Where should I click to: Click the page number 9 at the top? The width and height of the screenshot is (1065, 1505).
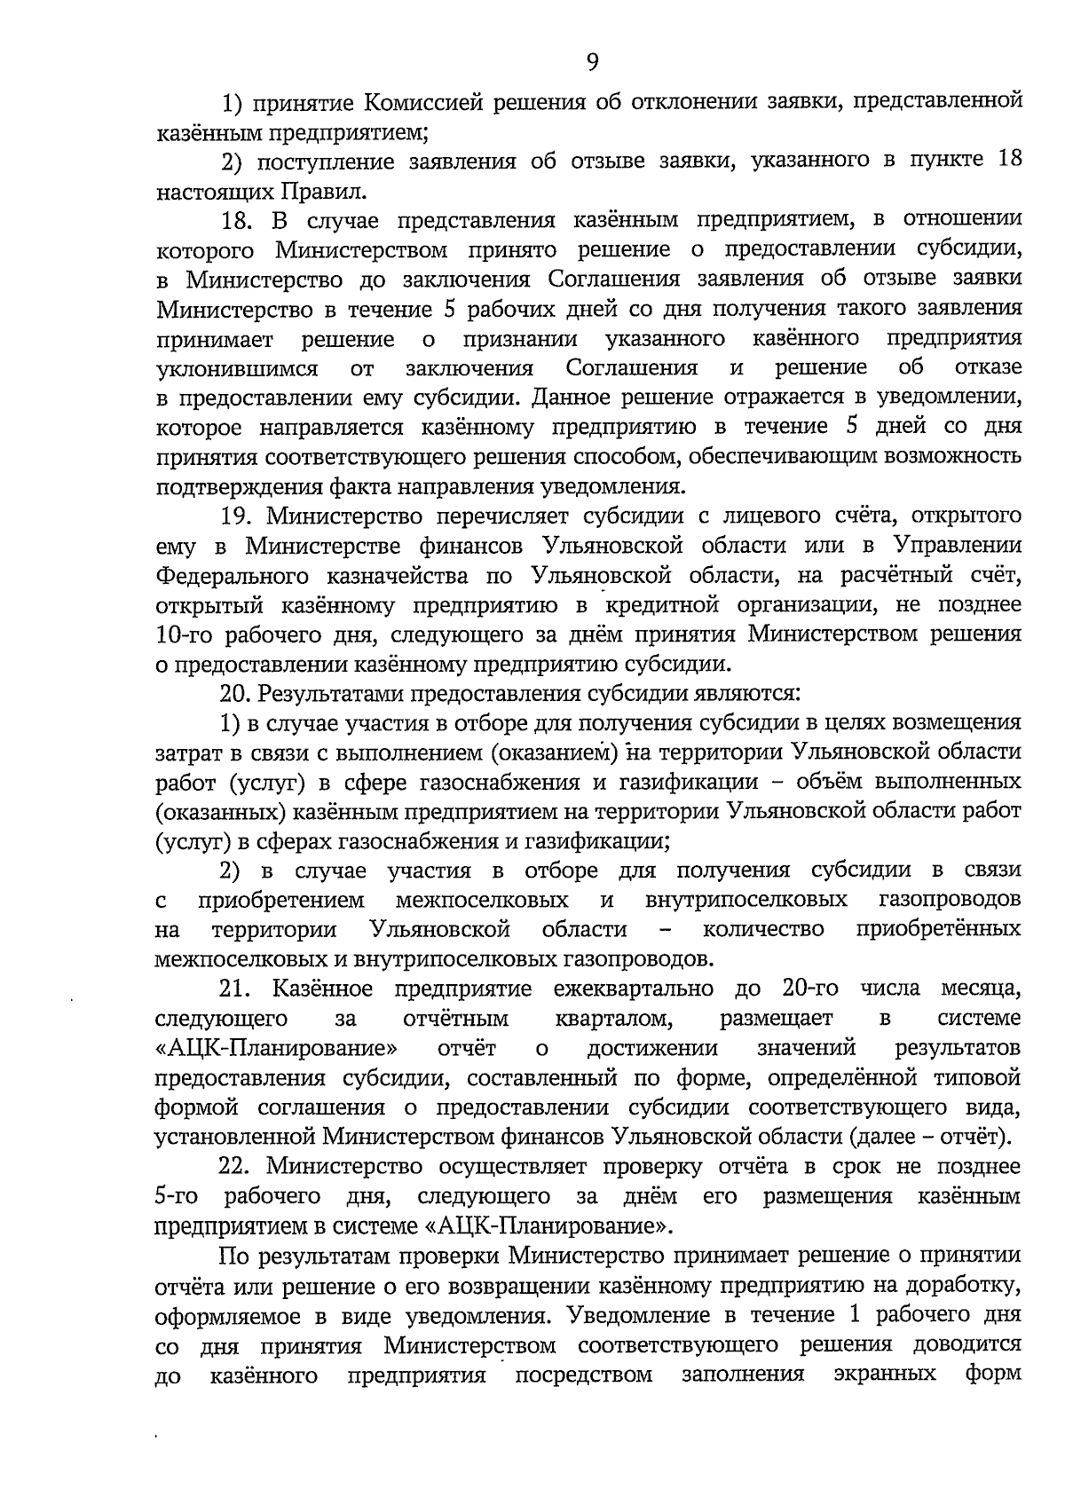[x=592, y=61]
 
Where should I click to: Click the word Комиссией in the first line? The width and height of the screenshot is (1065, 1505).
[x=414, y=103]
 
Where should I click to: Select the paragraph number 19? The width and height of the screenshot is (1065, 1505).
[x=236, y=516]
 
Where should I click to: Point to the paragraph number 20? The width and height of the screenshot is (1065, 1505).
[x=235, y=694]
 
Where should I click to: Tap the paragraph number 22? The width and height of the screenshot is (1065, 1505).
[x=236, y=1166]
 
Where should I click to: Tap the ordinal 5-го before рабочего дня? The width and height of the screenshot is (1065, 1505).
[x=176, y=1196]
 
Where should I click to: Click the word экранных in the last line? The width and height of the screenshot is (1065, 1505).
[x=886, y=1375]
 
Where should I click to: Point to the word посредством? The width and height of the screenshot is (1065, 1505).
[x=583, y=1375]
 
